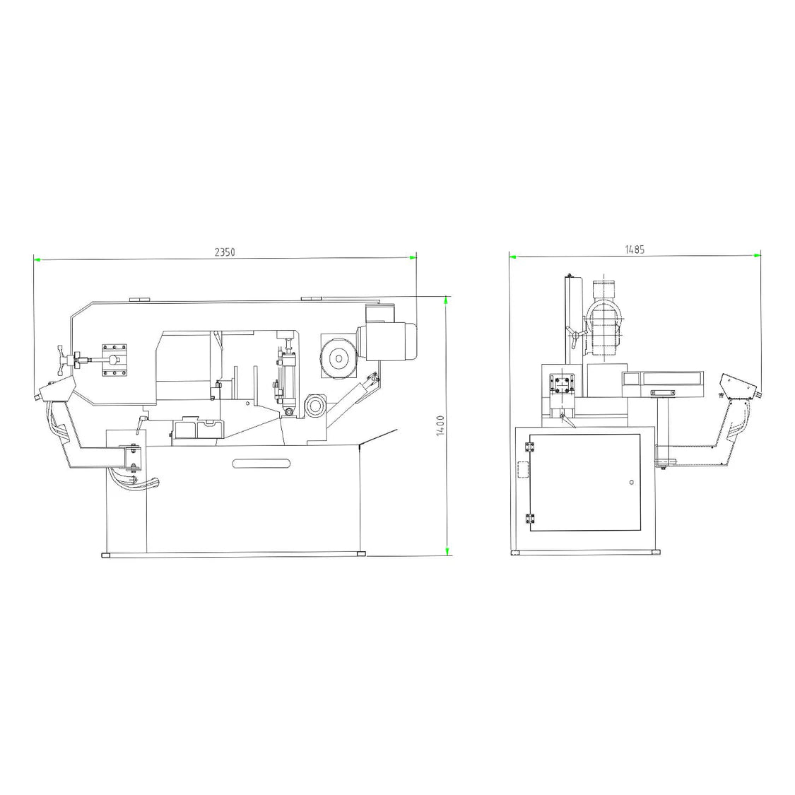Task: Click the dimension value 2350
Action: tap(225, 252)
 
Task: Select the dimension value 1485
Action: tap(634, 249)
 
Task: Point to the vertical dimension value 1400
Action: tap(440, 425)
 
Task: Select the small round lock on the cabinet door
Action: tap(630, 483)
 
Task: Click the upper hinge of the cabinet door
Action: tap(529, 448)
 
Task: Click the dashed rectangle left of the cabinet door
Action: tap(523, 470)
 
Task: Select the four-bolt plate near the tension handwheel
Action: tap(114, 360)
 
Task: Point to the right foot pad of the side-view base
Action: tap(362, 555)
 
